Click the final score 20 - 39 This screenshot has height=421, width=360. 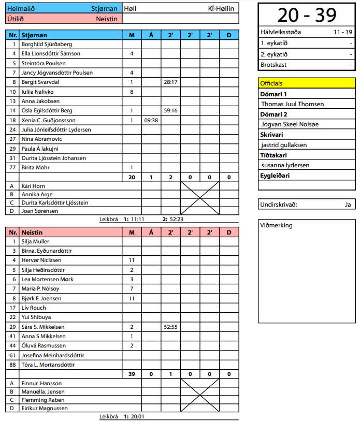307,16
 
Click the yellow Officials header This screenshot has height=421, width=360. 307,83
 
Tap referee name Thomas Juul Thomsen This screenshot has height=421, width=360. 293,104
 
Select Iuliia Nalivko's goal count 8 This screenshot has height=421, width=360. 132,92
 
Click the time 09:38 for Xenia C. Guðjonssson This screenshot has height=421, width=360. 151,120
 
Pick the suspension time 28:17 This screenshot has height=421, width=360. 170,82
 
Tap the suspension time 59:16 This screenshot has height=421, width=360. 170,110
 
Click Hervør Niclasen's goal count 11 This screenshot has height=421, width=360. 132,260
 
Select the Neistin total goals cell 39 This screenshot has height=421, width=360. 132,374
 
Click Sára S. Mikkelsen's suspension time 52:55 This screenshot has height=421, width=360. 170,327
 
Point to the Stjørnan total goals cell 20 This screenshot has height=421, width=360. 132,177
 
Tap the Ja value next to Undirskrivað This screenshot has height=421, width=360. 348,204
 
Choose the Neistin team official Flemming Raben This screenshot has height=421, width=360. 42,400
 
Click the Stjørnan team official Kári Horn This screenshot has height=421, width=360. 33,185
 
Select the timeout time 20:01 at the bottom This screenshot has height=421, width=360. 137,416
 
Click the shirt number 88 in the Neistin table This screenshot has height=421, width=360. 12,365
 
